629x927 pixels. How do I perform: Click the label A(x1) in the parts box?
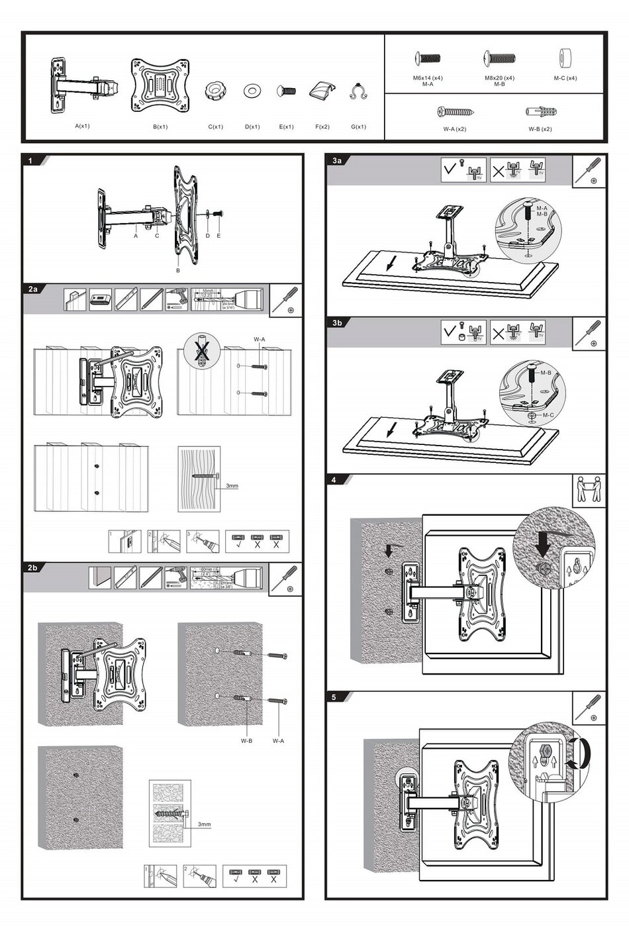pyautogui.click(x=82, y=126)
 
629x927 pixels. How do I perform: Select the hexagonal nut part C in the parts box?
pyautogui.click(x=215, y=91)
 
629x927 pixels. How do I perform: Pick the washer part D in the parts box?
pyautogui.click(x=252, y=91)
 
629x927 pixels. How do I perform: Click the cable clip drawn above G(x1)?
pyautogui.click(x=358, y=92)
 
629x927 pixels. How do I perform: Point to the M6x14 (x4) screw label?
pyautogui.click(x=428, y=78)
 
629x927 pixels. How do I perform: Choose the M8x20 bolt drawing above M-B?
pyautogui.click(x=499, y=59)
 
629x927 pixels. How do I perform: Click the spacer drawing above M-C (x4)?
pyautogui.click(x=565, y=57)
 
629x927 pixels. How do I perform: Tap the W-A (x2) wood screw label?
pyautogui.click(x=455, y=129)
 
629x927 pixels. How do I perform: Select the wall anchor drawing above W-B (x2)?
pyautogui.click(x=540, y=111)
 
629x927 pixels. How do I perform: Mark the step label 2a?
pyautogui.click(x=33, y=289)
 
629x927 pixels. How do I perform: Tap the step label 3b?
pyautogui.click(x=337, y=323)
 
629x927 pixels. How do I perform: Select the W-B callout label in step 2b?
pyautogui.click(x=246, y=741)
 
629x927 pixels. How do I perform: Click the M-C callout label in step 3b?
pyautogui.click(x=548, y=415)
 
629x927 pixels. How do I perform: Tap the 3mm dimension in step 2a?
pyautogui.click(x=232, y=486)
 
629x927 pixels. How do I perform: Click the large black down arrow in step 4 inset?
pyautogui.click(x=544, y=544)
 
